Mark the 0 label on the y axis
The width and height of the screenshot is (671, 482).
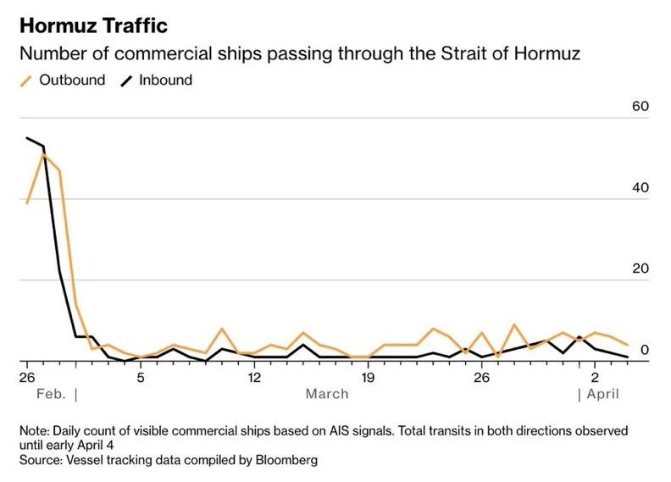(x=644, y=349)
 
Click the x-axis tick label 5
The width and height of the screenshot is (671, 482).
(x=141, y=376)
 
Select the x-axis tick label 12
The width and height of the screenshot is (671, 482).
(x=253, y=376)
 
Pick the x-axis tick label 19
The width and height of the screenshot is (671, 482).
(x=367, y=376)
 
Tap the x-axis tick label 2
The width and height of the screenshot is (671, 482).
(x=595, y=376)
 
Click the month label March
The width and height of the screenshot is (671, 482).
(x=327, y=394)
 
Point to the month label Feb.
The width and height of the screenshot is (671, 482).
(x=51, y=394)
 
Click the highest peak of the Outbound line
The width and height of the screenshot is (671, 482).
(x=43, y=154)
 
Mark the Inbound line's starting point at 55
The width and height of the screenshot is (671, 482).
(x=27, y=138)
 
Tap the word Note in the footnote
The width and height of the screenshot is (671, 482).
(x=34, y=430)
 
